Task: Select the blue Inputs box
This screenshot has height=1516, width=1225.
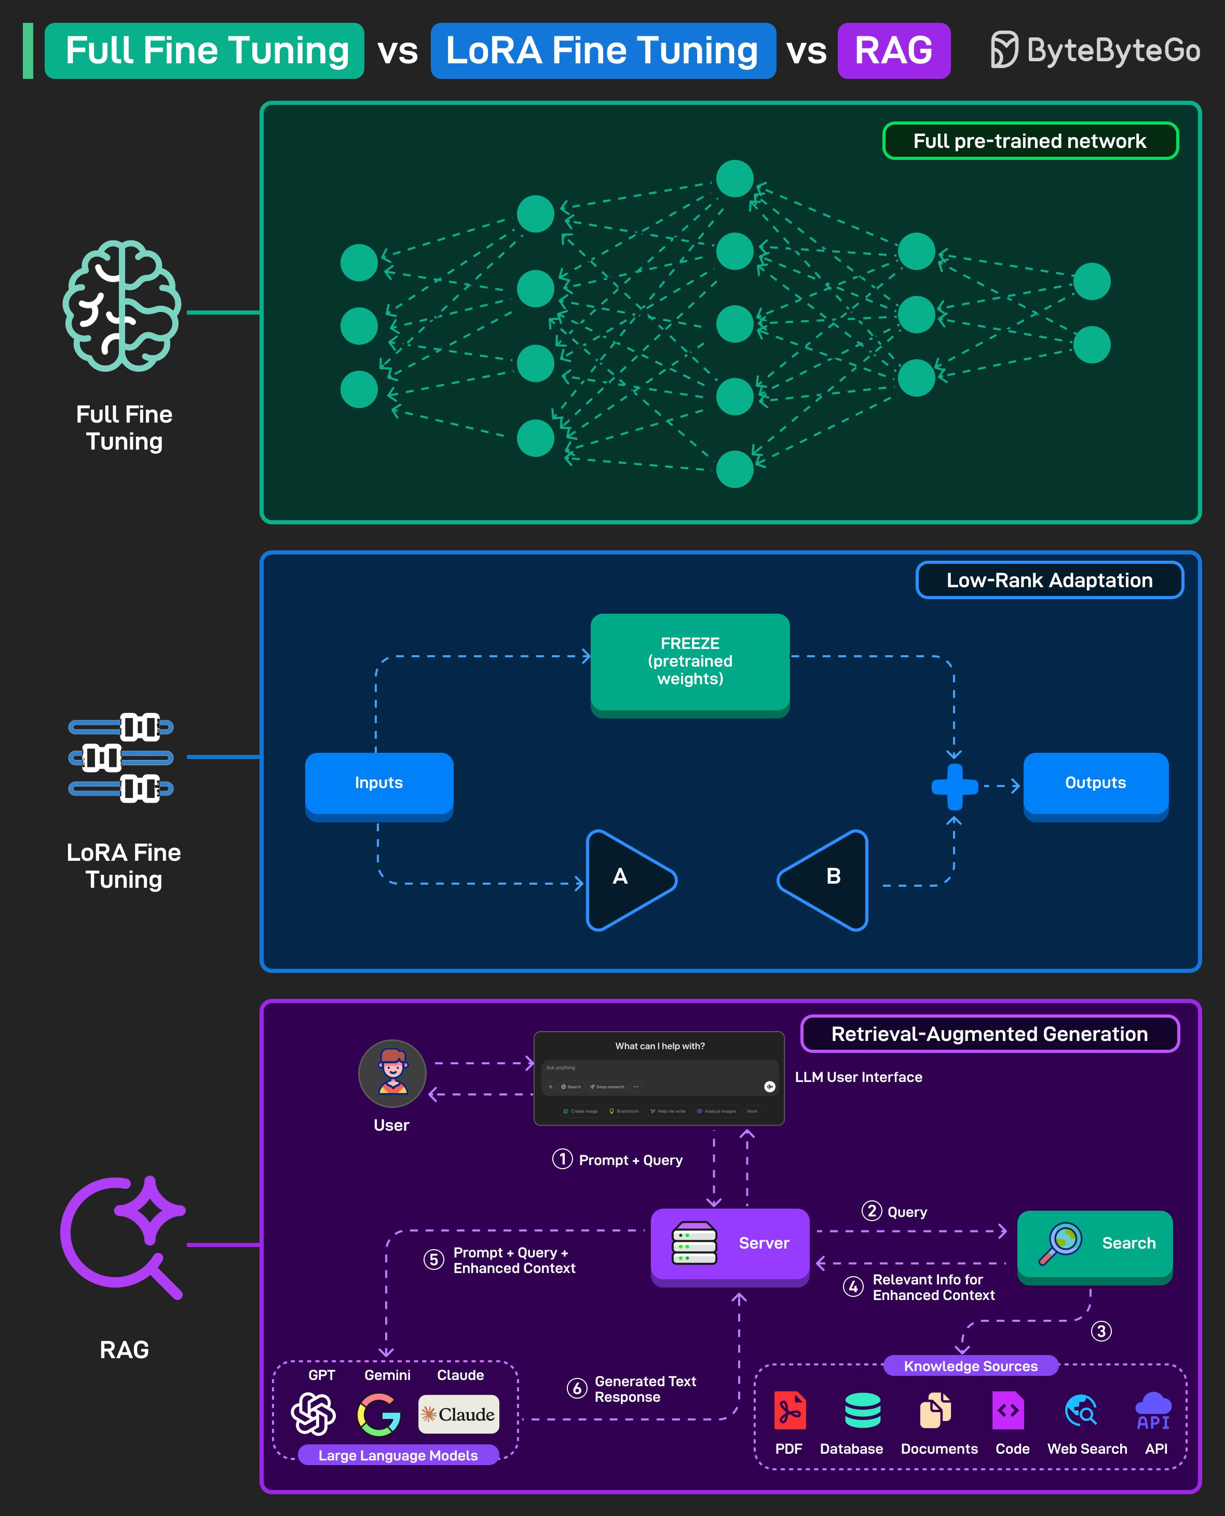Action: [x=379, y=783]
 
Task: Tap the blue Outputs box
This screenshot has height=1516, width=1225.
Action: [x=1095, y=783]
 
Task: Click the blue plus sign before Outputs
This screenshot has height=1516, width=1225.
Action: [x=954, y=786]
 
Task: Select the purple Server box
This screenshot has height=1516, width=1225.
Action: [x=730, y=1243]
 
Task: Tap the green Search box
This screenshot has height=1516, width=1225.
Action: [x=1095, y=1243]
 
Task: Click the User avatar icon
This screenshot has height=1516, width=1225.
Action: [x=392, y=1073]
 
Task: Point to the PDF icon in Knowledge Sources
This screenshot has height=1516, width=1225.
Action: [x=789, y=1410]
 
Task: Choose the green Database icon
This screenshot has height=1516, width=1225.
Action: [x=862, y=1410]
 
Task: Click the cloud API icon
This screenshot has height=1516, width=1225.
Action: [x=1154, y=1410]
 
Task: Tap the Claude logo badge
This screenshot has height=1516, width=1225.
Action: [x=459, y=1414]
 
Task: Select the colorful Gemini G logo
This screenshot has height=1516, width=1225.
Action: [x=379, y=1414]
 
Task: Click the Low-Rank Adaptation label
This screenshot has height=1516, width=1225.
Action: [x=1049, y=580]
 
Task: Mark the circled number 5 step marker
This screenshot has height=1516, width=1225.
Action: [x=433, y=1260]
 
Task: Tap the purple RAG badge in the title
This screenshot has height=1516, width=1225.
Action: [x=893, y=51]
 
